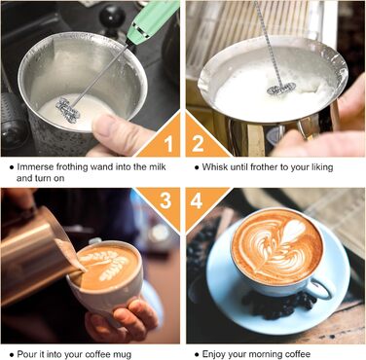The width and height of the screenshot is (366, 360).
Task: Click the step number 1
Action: (x=168, y=144)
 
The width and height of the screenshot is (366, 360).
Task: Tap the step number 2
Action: (x=198, y=144)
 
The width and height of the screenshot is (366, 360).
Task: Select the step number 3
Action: (x=165, y=200)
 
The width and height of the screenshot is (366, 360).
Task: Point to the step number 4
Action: (x=197, y=200)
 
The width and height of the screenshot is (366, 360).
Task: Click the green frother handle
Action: (x=153, y=22)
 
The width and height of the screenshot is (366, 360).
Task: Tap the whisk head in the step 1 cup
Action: (x=68, y=110)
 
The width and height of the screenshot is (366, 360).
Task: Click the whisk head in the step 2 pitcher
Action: (x=281, y=89)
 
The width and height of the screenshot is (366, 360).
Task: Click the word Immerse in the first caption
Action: (x=35, y=167)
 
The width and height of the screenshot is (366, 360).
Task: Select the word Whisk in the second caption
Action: (x=215, y=167)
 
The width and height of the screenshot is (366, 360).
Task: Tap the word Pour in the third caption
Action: (x=25, y=354)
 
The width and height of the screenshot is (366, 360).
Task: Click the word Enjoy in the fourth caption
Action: (x=213, y=354)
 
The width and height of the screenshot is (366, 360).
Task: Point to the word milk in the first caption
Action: (x=158, y=167)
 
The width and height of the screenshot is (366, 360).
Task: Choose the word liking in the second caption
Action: (x=320, y=167)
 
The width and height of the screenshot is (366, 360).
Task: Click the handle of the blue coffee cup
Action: (x=320, y=288)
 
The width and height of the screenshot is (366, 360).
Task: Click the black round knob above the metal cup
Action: (x=112, y=17)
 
